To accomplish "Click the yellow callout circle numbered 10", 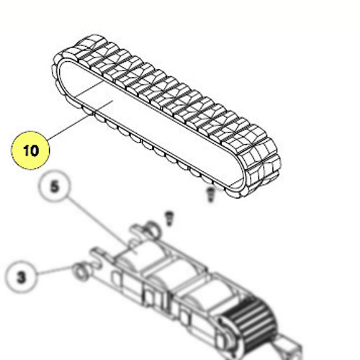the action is click(x=30, y=150).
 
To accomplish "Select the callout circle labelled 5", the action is click(x=55, y=186).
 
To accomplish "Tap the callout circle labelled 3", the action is click(x=22, y=277).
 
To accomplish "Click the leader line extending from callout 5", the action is click(x=102, y=225).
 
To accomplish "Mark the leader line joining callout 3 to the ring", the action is click(x=55, y=270).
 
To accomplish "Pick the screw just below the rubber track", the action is click(x=210, y=194).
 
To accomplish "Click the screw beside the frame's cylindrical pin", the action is click(x=169, y=218).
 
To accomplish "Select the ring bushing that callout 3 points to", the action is click(x=81, y=272).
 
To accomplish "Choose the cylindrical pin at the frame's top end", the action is click(x=152, y=228).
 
